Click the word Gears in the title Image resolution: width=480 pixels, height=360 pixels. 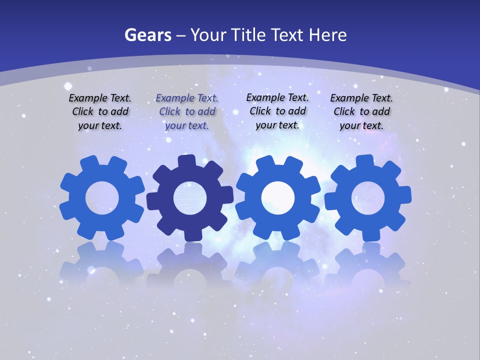[147, 35]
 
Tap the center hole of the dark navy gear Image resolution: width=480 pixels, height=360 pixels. [189, 198]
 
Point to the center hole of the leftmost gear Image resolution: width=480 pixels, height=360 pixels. [102, 198]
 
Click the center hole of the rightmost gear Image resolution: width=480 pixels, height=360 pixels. [367, 198]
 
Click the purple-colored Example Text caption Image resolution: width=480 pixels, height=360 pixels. [187, 112]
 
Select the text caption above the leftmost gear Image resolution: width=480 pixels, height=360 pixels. [100, 112]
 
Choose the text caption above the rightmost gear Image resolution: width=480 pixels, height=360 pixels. [361, 112]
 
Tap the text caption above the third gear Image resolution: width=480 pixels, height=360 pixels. [277, 111]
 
